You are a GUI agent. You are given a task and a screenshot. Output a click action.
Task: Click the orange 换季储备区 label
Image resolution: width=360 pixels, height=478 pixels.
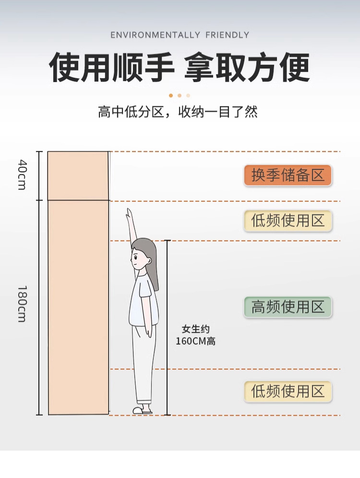(x=288, y=175)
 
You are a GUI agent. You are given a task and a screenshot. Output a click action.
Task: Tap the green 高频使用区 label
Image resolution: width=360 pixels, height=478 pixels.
(x=288, y=307)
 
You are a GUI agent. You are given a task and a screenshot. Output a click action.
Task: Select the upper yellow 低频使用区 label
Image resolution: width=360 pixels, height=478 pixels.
(x=288, y=221)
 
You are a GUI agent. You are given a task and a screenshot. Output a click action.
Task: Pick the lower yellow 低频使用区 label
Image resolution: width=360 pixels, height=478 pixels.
(x=288, y=391)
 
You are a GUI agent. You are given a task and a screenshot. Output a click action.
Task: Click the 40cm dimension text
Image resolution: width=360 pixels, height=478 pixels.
(x=22, y=175)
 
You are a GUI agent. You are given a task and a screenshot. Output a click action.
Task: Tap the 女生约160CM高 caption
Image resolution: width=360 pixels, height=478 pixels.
(x=195, y=335)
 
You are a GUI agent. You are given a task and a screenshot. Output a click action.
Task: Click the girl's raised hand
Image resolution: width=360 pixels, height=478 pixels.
(x=129, y=213)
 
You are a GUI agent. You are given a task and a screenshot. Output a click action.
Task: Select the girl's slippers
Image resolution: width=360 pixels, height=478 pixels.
(x=143, y=410)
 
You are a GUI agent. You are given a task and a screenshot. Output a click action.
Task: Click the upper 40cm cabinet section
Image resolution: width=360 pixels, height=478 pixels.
(x=78, y=175)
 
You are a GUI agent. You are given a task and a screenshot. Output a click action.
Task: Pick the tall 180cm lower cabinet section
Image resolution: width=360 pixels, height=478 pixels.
(x=78, y=307)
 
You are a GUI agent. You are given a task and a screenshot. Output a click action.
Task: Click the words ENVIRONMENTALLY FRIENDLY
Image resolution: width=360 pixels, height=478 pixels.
(x=180, y=35)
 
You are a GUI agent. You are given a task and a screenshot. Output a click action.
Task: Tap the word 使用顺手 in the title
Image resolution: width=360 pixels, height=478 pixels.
(x=111, y=68)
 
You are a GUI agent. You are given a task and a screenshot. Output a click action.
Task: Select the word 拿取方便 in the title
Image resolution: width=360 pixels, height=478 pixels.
(x=247, y=68)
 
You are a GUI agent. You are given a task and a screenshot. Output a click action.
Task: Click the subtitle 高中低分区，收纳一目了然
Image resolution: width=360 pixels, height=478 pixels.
(x=178, y=112)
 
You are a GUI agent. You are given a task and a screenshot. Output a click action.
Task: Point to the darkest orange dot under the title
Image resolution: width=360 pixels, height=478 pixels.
(x=171, y=96)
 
